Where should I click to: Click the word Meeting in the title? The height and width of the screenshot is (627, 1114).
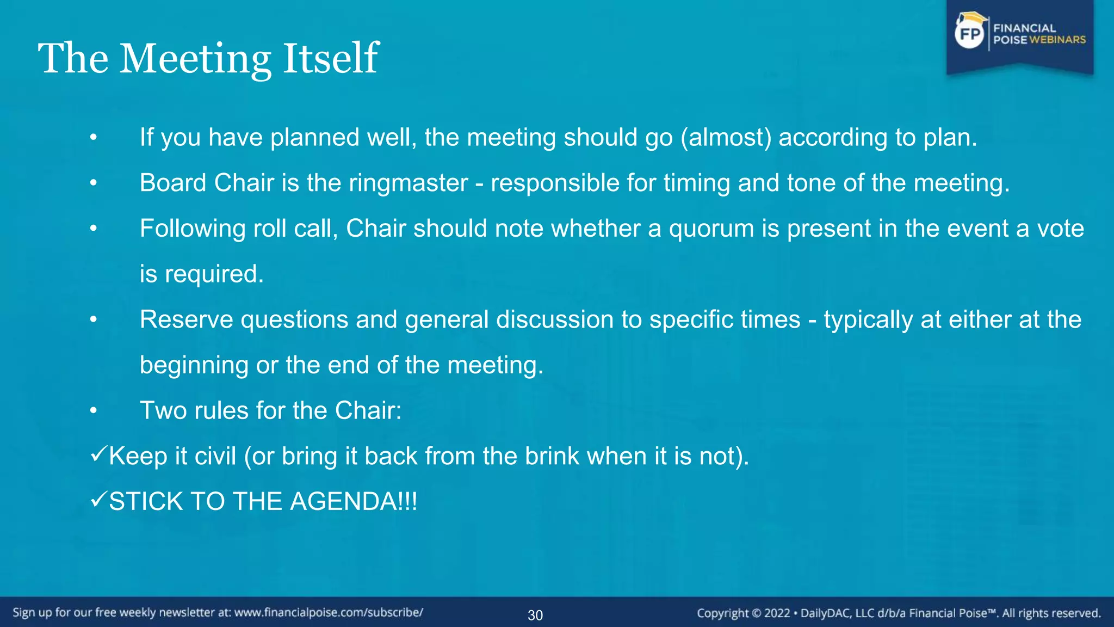pyautogui.click(x=195, y=59)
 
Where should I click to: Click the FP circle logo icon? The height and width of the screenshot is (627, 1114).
pyautogui.click(x=970, y=34)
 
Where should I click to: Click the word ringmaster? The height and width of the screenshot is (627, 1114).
pyautogui.click(x=408, y=183)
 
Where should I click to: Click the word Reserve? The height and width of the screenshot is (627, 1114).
pyautogui.click(x=187, y=319)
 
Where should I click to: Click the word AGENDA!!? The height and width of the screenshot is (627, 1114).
pyautogui.click(x=354, y=501)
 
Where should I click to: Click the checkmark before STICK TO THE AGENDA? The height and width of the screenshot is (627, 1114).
pyautogui.click(x=98, y=499)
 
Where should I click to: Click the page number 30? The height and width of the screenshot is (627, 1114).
pyautogui.click(x=535, y=615)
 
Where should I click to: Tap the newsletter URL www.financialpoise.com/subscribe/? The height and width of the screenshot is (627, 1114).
pyautogui.click(x=329, y=612)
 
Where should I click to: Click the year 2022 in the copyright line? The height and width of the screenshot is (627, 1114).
pyautogui.click(x=777, y=613)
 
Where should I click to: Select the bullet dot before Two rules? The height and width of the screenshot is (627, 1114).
pyautogui.click(x=94, y=411)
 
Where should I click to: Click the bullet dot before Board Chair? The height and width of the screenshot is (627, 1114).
pyautogui.click(x=94, y=183)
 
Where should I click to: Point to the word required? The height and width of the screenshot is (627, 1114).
pyautogui.click(x=214, y=274)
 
